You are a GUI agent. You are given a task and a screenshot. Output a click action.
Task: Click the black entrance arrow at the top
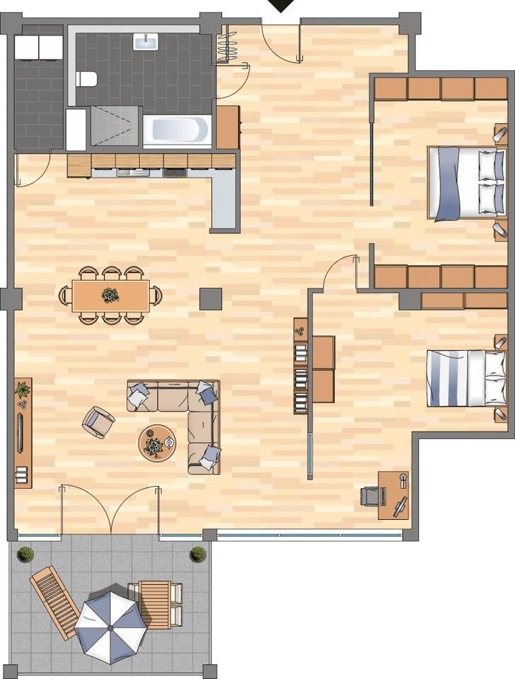(x=282, y=6)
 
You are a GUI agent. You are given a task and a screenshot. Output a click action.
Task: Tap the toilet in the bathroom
(x=87, y=79)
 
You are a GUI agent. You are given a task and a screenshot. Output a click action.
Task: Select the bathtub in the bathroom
(x=177, y=131)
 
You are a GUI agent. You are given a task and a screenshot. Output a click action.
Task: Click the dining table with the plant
(x=110, y=294)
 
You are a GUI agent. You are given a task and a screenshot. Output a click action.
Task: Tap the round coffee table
(x=156, y=443)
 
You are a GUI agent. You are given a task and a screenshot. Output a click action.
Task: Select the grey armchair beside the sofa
(x=98, y=422)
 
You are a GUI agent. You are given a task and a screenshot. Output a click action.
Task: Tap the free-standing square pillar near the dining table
(x=210, y=299)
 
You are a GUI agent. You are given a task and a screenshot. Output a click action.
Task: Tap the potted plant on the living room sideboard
(x=23, y=390)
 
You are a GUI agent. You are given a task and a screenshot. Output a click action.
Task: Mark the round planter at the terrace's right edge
(x=198, y=554)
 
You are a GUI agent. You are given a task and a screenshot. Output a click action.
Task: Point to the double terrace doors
(x=110, y=509)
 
